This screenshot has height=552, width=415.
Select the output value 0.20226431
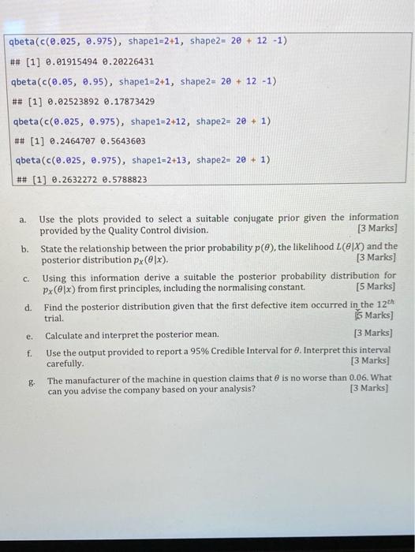point(127,62)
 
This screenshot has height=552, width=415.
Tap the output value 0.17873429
point(127,102)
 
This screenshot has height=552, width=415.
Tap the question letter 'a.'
point(24,218)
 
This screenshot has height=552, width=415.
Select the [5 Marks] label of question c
point(376,287)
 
